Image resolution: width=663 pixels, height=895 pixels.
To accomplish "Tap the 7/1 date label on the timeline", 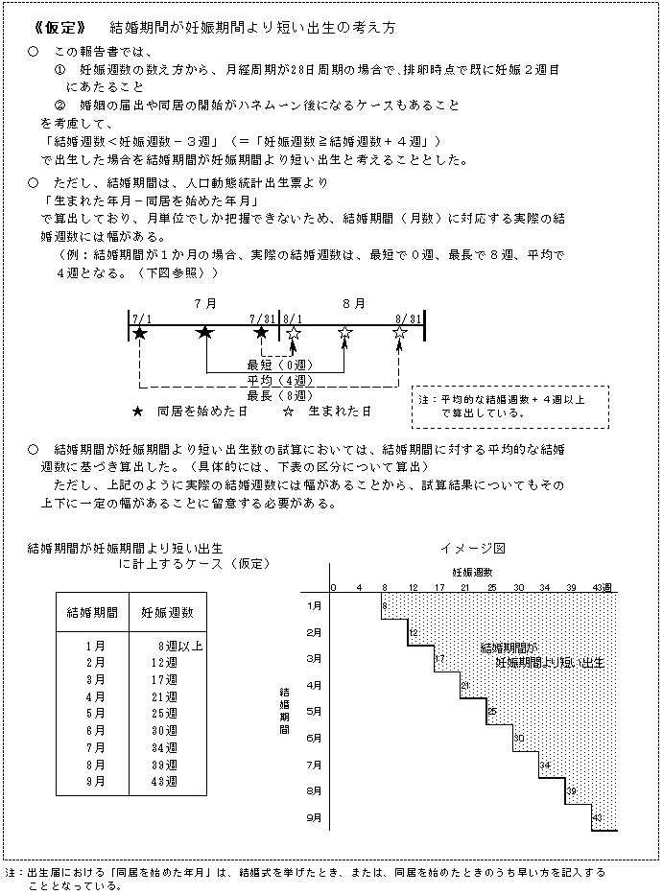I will pos(141,318).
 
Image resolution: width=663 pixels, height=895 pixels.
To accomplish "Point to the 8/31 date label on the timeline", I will pos(408,318).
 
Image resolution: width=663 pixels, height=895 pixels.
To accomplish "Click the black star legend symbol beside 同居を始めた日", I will pos(139,411).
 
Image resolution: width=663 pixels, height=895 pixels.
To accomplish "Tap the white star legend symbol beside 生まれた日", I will pos(287,411).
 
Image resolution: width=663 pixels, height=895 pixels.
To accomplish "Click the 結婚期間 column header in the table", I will pos(93,611).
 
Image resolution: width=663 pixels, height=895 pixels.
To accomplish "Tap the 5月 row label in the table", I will pos(95,714).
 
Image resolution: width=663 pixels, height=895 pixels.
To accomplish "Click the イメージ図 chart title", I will pos(472,548).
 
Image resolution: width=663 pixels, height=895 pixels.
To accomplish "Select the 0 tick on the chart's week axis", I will pos(334,587).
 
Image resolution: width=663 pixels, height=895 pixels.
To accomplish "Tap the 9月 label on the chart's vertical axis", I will pos(314,818).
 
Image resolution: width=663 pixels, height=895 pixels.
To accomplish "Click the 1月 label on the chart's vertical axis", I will pos(314,605).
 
